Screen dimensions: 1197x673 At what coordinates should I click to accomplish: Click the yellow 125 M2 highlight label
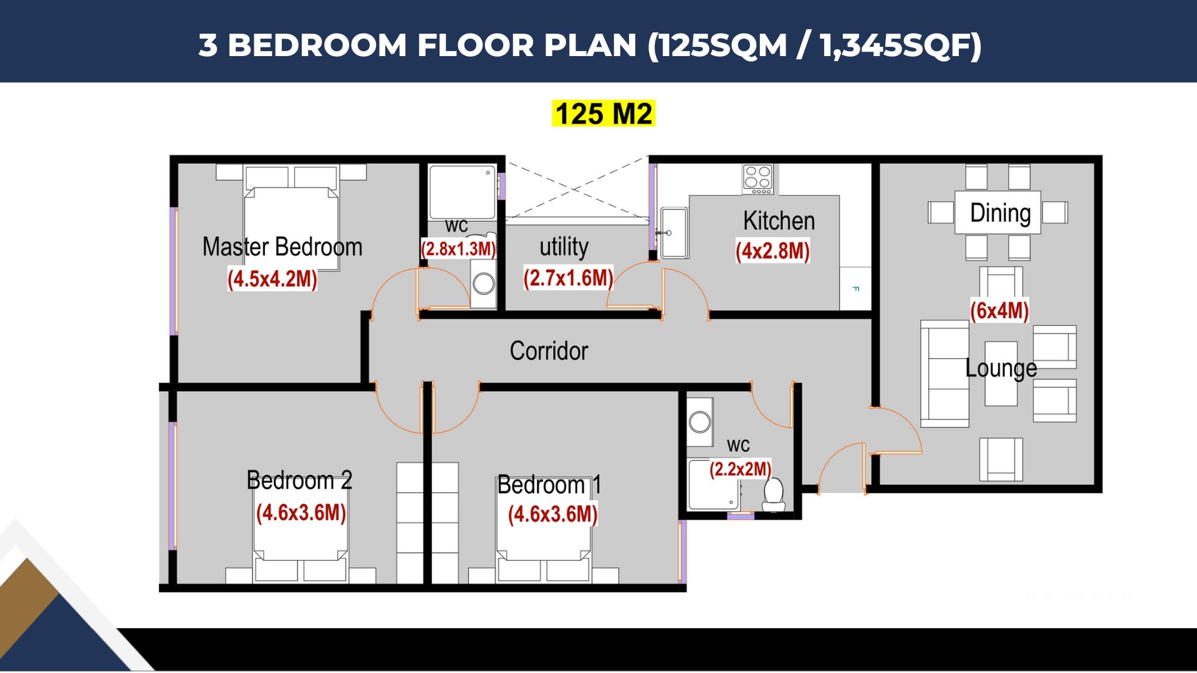(603, 114)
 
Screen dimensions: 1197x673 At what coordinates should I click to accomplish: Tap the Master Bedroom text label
(282, 247)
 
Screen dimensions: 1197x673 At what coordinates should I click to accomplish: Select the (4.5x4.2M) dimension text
(272, 279)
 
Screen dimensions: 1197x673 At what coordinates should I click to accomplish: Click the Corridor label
(549, 351)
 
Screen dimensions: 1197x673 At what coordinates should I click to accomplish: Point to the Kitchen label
(779, 221)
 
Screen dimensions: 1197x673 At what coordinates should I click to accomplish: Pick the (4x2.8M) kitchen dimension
(772, 251)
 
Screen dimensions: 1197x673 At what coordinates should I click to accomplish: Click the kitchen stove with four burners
(757, 179)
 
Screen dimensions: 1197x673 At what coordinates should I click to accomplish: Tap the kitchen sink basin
(674, 233)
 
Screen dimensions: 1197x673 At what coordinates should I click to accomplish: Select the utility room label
(564, 247)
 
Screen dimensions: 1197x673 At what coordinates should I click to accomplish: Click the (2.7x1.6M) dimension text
(568, 278)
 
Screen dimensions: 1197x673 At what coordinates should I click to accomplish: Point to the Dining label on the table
(1000, 213)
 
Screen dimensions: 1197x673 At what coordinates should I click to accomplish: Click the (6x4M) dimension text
(999, 310)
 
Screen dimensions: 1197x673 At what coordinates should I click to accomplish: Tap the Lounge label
(1001, 368)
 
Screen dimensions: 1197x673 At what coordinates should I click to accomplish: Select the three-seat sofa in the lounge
(945, 373)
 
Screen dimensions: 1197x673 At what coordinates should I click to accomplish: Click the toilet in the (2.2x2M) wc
(774, 494)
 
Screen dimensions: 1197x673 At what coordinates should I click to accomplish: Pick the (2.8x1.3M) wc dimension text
(458, 249)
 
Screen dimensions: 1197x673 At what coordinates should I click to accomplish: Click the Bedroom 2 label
(299, 480)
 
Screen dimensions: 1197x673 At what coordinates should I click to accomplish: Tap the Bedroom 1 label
(549, 485)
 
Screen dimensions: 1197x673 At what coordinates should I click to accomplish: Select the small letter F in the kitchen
(855, 289)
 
